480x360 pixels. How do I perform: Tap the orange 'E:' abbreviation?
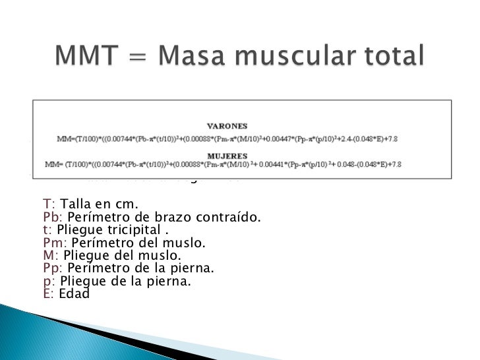tap(48, 295)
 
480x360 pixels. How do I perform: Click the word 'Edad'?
tap(73, 295)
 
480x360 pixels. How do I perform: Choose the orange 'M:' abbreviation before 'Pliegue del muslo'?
tap(50, 256)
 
